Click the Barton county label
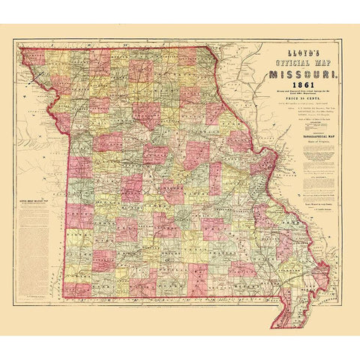coord(81,244)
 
